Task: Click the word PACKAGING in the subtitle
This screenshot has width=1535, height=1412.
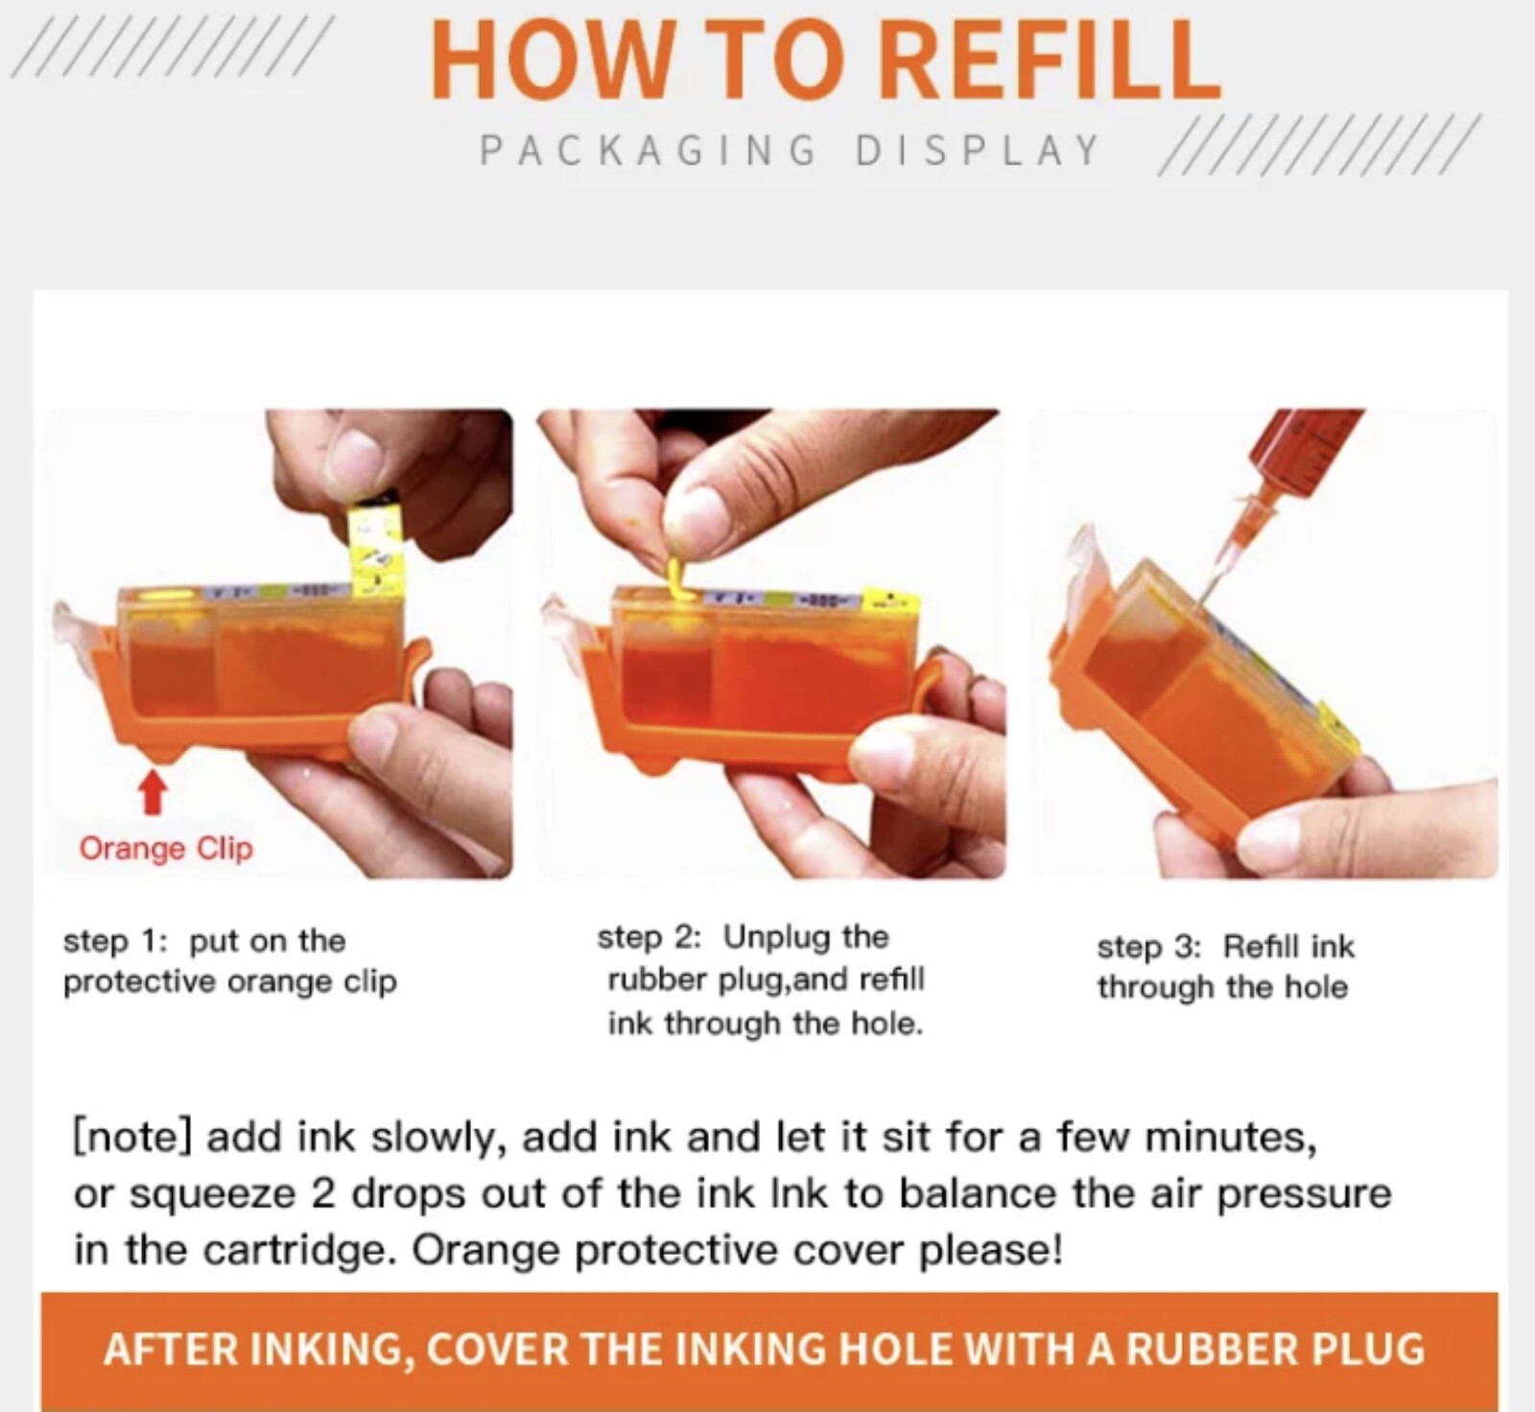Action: [648, 151]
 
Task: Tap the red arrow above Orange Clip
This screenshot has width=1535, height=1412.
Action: [153, 792]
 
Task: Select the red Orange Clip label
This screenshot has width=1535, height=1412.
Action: [166, 848]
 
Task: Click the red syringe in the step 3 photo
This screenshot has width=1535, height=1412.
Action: [1314, 456]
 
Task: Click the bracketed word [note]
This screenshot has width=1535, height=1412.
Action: [133, 1137]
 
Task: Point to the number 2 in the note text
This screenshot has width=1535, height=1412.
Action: [322, 1194]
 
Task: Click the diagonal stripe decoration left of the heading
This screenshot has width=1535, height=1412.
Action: [173, 46]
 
